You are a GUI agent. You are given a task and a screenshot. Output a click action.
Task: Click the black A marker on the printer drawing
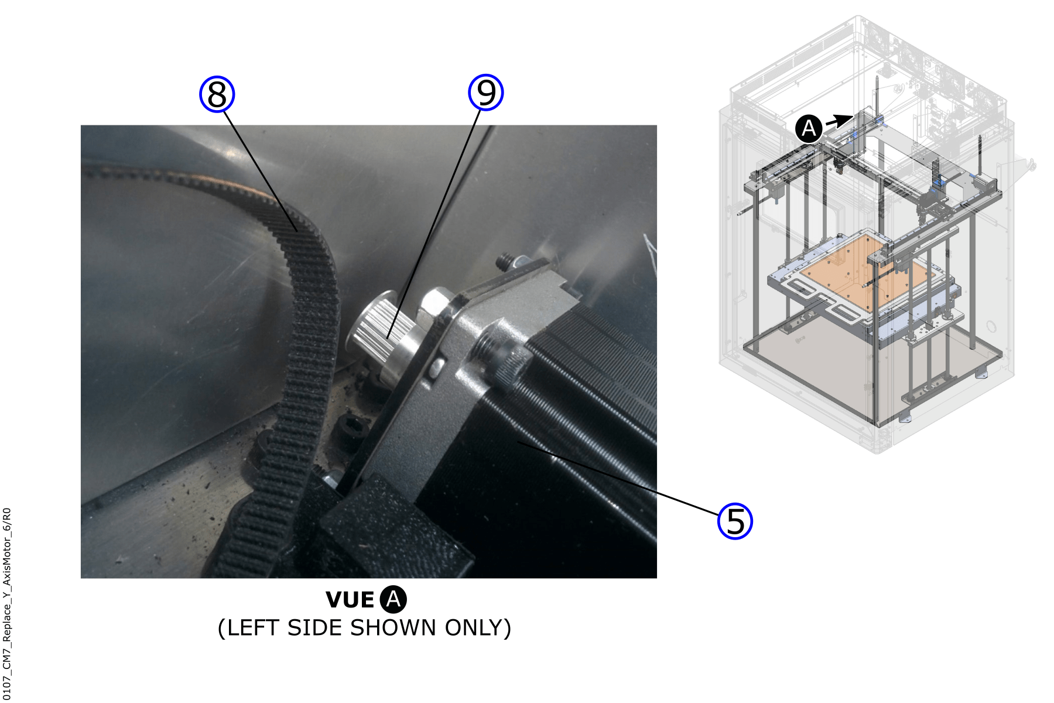pyautogui.click(x=809, y=128)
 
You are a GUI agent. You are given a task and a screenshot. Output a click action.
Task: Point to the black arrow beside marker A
pyautogui.click(x=839, y=121)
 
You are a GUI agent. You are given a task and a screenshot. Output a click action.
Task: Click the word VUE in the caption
pyautogui.click(x=350, y=600)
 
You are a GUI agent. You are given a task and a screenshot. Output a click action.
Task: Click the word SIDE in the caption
pyautogui.click(x=317, y=628)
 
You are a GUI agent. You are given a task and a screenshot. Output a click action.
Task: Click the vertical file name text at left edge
pyautogui.click(x=6, y=604)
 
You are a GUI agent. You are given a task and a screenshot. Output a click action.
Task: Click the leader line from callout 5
pyautogui.click(x=617, y=478)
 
